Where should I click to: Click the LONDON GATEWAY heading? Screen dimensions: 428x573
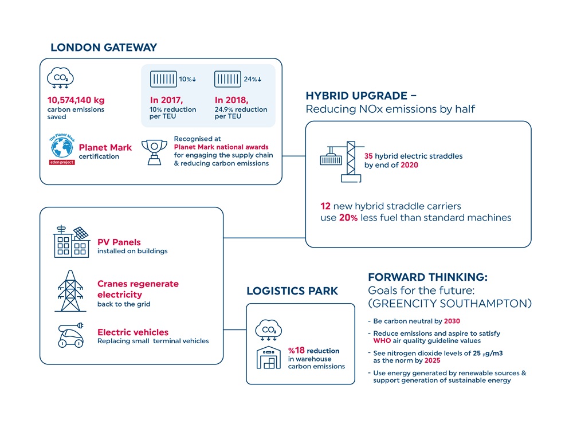click(x=104, y=48)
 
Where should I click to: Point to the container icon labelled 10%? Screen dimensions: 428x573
click(x=162, y=79)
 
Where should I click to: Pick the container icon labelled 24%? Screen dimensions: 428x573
click(x=227, y=79)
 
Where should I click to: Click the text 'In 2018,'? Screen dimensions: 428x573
click(x=231, y=100)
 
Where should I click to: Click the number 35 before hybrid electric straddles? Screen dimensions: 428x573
click(x=369, y=156)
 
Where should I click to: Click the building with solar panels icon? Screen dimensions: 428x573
click(x=72, y=241)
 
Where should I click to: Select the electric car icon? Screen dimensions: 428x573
click(x=69, y=336)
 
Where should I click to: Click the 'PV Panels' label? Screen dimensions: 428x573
click(x=119, y=242)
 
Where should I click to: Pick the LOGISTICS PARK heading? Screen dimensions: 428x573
click(x=292, y=291)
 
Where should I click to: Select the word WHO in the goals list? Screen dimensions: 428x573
click(x=382, y=341)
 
